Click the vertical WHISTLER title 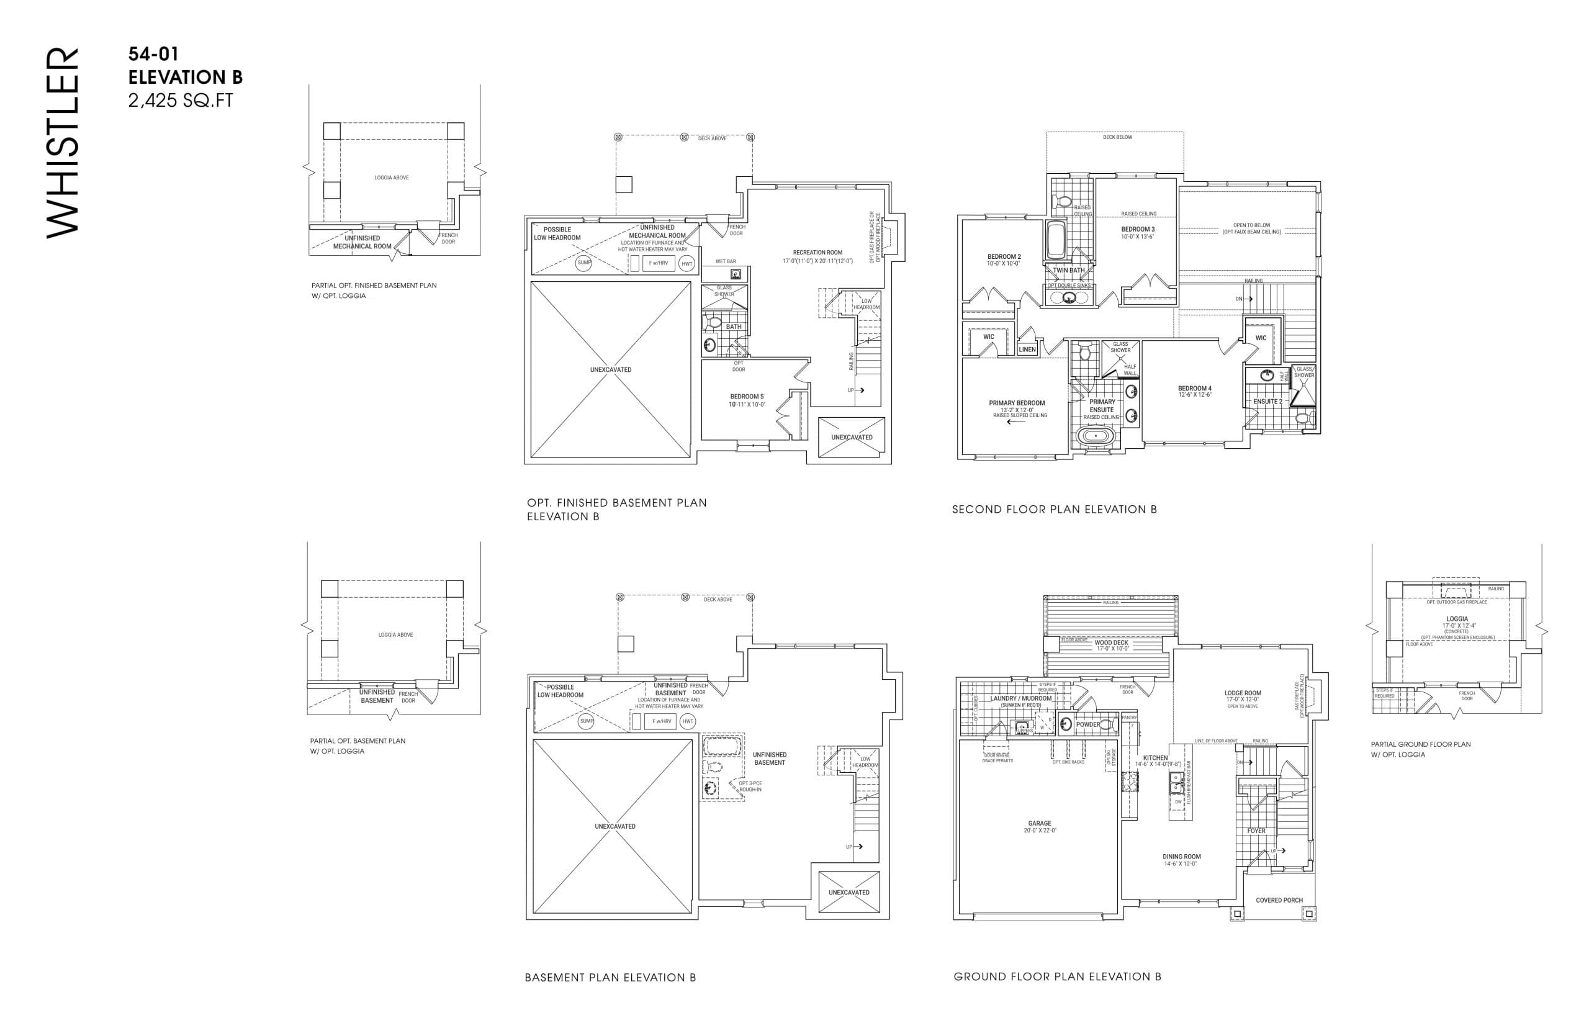click(62, 142)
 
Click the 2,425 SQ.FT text click(180, 101)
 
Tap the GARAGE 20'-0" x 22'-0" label click(1038, 826)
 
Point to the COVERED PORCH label click(1278, 900)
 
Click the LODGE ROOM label click(1242, 693)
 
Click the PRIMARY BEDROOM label click(1015, 403)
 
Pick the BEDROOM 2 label click(1003, 257)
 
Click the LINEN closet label click(1027, 349)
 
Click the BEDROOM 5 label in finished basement click(746, 397)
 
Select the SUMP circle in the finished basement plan click(584, 263)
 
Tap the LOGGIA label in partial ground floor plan click(1456, 619)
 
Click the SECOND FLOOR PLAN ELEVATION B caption click(1054, 509)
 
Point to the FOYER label click(1255, 831)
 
